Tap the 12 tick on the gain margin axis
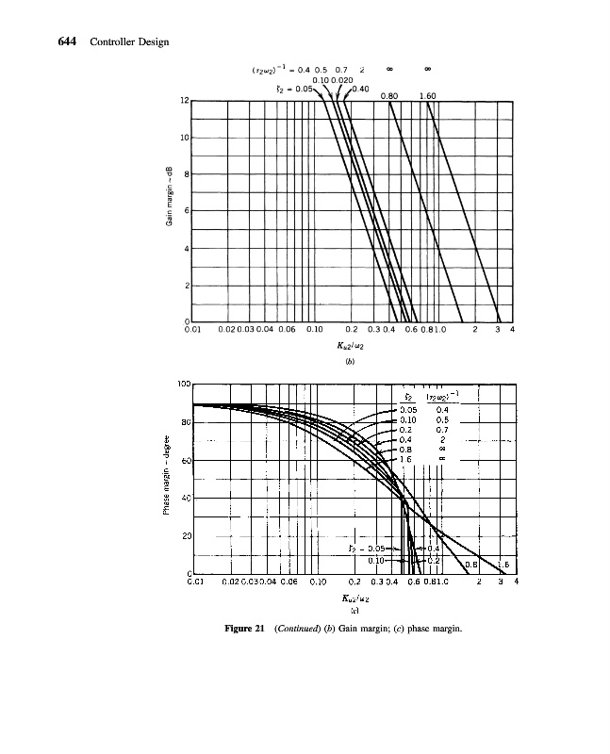[184, 101]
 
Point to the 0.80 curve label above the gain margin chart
[389, 95]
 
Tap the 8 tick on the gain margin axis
[186, 174]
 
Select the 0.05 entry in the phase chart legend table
[407, 410]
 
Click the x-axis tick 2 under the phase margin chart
[482, 582]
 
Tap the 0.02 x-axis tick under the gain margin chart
[226, 331]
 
